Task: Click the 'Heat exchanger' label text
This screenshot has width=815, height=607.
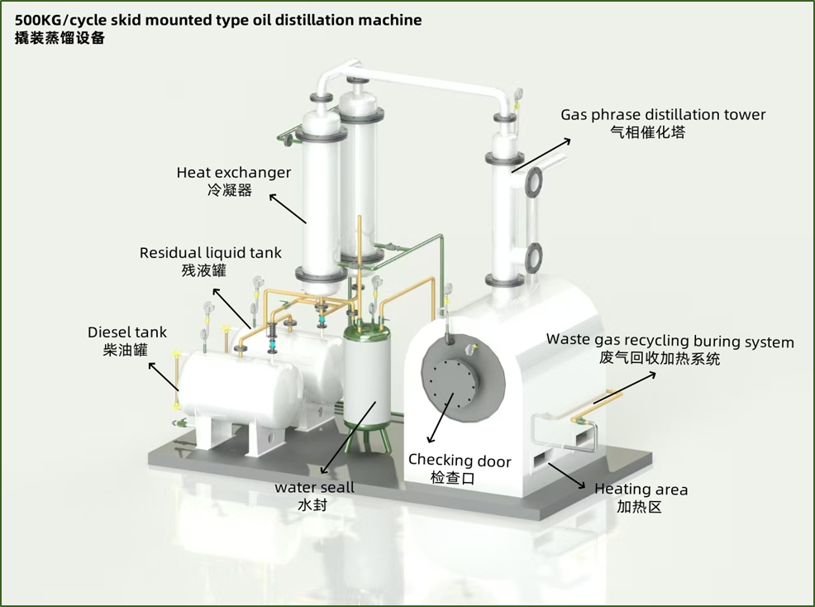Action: point(234,173)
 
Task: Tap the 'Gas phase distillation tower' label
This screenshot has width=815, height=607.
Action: point(663,115)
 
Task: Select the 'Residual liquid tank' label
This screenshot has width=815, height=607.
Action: point(210,253)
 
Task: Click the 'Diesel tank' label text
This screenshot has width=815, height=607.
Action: point(127,332)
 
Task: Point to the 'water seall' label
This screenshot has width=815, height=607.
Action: point(315,487)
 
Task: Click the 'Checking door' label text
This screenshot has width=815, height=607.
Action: point(460,461)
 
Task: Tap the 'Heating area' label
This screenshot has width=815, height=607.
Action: point(641,490)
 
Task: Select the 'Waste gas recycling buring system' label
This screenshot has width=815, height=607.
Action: point(670,342)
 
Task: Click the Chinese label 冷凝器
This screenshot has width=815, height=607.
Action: point(229,190)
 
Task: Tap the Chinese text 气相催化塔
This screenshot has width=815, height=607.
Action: point(647,131)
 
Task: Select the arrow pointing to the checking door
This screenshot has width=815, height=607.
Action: point(441,418)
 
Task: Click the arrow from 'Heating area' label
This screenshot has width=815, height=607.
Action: point(567,473)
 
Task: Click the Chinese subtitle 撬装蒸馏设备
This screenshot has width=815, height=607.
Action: point(60,38)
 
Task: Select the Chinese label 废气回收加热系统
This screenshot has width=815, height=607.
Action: point(660,359)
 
